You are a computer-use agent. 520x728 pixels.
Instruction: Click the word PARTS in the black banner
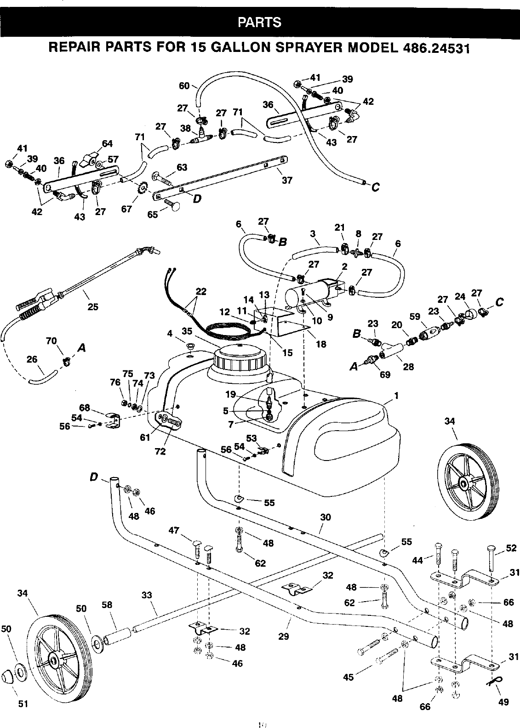click(x=260, y=22)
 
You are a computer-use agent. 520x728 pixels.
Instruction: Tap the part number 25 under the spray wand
click(x=93, y=307)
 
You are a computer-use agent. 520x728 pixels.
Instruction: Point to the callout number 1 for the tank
click(x=396, y=396)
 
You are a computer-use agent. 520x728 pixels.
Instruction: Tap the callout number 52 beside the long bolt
click(x=511, y=548)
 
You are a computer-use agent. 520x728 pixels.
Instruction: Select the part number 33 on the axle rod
click(x=147, y=596)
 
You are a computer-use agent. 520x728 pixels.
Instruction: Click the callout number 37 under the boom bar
click(x=287, y=181)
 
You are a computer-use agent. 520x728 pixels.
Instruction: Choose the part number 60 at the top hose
click(x=184, y=85)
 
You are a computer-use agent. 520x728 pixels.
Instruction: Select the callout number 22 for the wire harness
click(x=201, y=291)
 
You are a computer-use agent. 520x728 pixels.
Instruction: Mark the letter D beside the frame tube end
click(x=94, y=478)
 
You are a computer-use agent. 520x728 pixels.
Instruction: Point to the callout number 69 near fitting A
click(x=385, y=375)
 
